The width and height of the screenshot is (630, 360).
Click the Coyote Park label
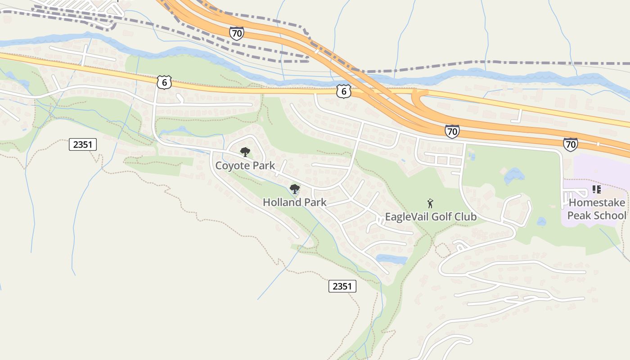tap(245, 165)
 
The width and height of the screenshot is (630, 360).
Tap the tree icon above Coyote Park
tap(245, 152)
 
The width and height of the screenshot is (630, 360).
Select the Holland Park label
tap(294, 202)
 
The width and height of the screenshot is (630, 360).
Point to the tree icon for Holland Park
tap(295, 189)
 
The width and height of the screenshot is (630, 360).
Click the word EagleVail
tap(407, 217)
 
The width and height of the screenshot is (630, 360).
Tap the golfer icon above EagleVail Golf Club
tap(430, 203)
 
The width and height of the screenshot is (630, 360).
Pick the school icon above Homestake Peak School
tap(597, 189)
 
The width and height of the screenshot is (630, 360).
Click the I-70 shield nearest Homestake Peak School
tap(570, 144)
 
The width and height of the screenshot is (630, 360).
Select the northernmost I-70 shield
tap(236, 33)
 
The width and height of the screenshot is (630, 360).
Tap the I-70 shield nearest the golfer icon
tap(452, 131)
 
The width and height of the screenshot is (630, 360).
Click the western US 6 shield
tap(164, 82)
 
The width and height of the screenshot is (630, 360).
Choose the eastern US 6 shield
tap(343, 91)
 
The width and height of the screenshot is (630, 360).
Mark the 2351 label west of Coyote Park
tap(83, 144)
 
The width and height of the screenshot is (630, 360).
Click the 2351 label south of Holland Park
tap(342, 286)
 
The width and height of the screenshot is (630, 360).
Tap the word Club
tap(465, 217)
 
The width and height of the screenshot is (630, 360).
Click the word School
tap(609, 215)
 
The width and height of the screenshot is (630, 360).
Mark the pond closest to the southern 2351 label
tap(391, 259)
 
